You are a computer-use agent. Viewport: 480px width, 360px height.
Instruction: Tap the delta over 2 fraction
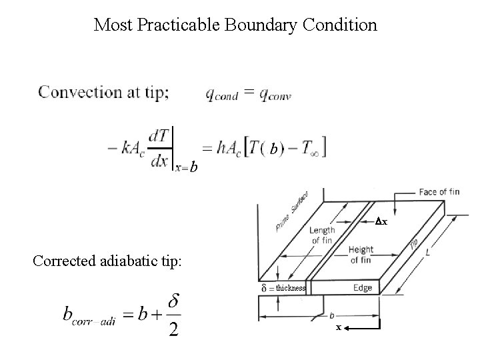[x=173, y=313]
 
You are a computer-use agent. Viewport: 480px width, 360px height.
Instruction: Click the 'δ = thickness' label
[x=283, y=288]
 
